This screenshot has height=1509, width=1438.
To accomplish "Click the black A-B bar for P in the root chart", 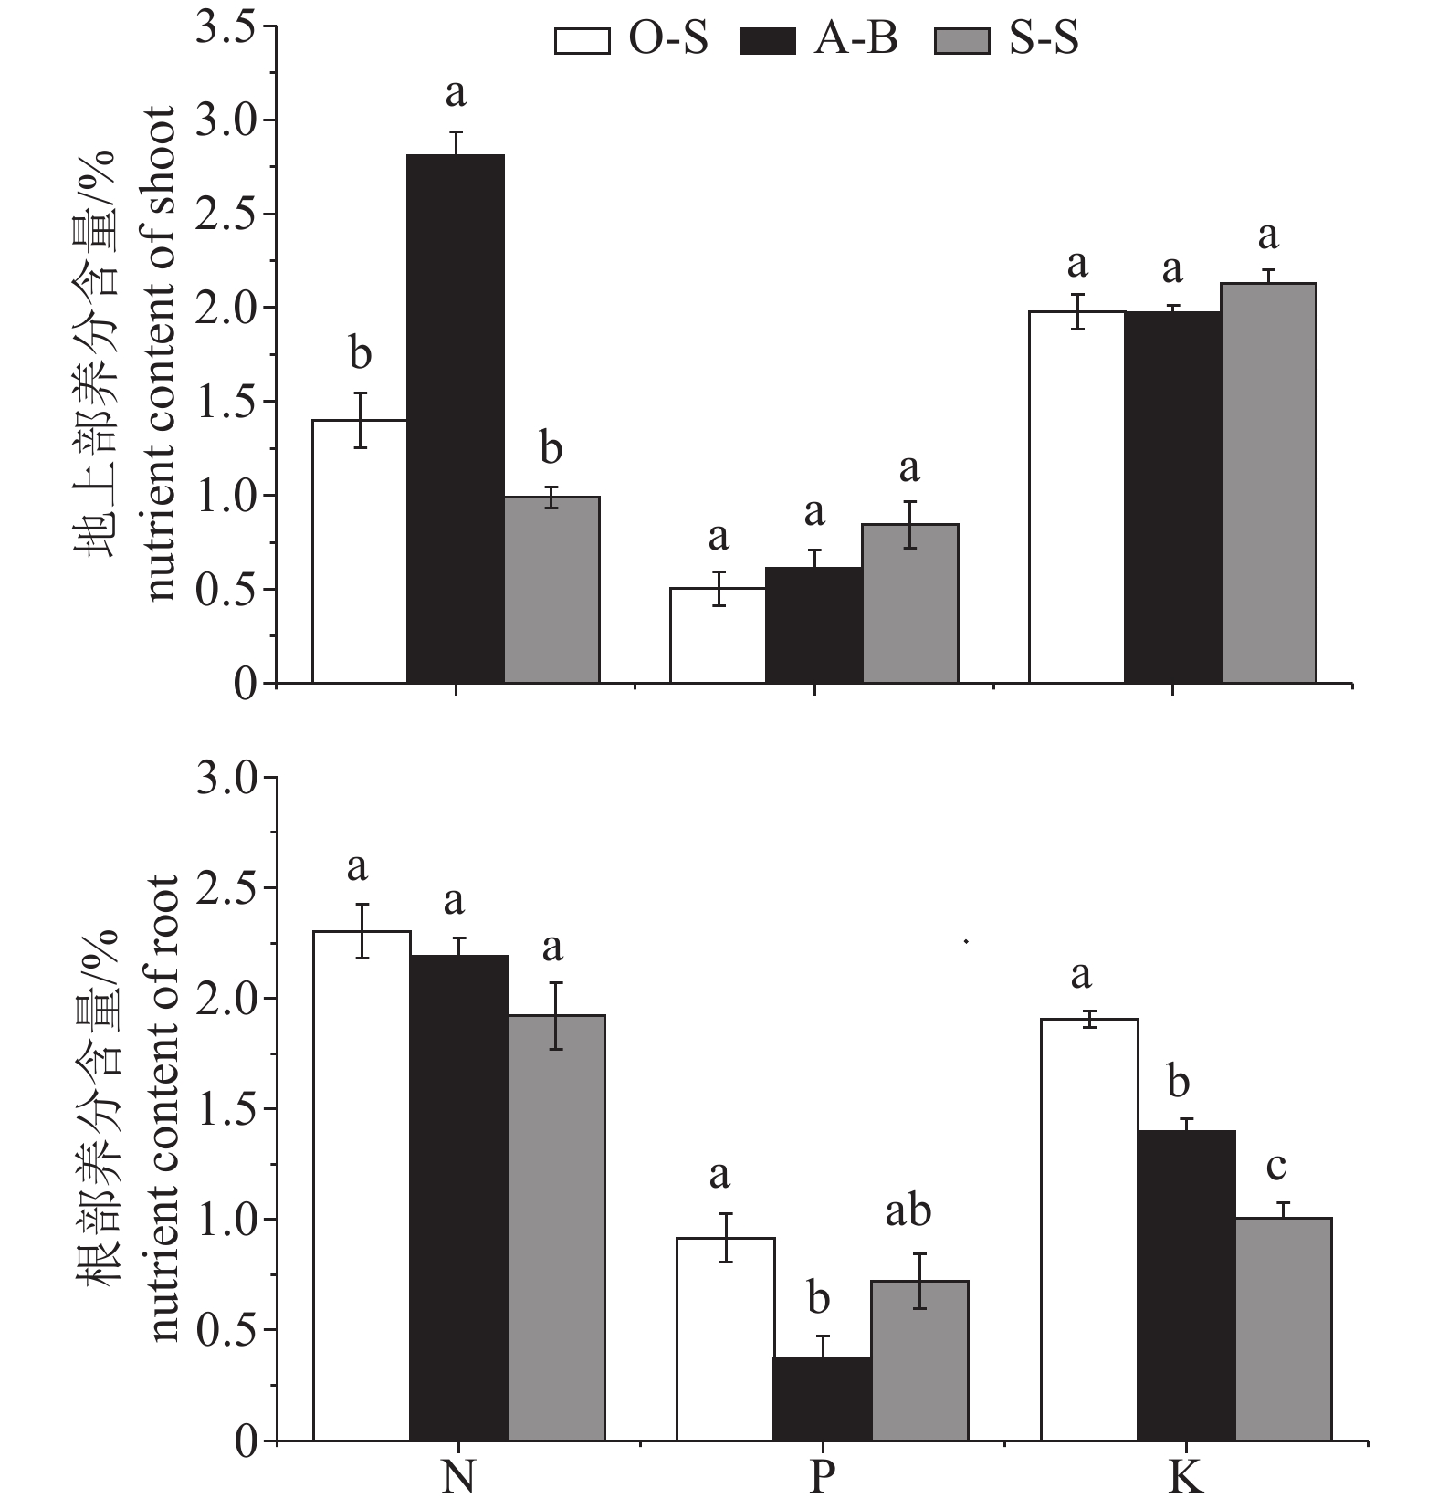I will (821, 1399).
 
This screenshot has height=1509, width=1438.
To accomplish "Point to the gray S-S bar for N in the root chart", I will (556, 1227).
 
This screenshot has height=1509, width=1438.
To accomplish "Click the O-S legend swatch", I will (582, 40).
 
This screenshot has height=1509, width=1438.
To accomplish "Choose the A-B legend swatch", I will (768, 40).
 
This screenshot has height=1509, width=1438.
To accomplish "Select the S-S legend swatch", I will (962, 40).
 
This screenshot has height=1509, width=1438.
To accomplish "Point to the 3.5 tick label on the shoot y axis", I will (225, 27).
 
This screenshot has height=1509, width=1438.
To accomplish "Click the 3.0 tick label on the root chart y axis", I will (225, 778).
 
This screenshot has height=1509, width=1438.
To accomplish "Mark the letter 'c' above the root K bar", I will (1276, 1167).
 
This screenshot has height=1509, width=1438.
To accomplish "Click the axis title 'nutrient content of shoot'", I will (163, 353).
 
